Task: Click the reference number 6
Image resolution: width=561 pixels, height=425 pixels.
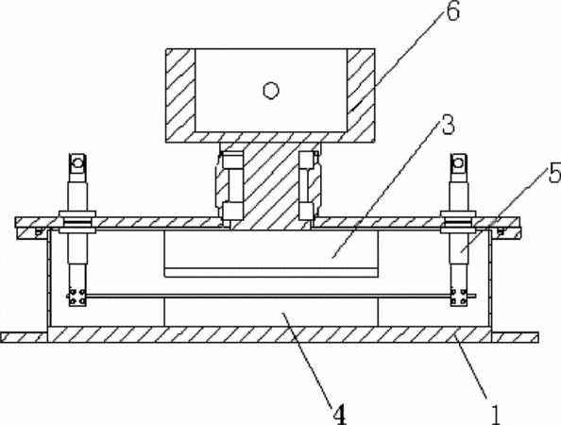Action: coord(452,10)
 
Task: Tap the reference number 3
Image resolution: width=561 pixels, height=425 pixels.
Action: coord(448,125)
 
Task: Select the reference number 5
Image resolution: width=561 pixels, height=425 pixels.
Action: coord(555,173)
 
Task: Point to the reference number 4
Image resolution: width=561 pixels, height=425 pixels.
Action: coord(340,415)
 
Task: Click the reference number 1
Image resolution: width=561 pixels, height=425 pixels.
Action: coord(496,415)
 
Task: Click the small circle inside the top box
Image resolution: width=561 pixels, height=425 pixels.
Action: coord(271,90)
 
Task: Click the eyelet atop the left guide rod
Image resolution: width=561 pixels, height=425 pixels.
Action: coord(77,163)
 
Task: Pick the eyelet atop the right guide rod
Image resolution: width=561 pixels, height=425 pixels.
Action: coord(459,163)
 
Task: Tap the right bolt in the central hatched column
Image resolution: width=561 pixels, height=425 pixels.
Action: coord(307,186)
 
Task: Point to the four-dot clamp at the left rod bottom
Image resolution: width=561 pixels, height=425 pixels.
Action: coord(77,297)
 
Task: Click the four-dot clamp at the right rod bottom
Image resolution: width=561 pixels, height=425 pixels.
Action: coord(458,297)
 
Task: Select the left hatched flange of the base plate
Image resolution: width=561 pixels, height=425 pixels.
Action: coord(24,337)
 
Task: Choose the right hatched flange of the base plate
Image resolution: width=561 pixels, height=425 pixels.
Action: coord(515,337)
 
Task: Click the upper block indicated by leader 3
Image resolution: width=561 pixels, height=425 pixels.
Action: coord(271,253)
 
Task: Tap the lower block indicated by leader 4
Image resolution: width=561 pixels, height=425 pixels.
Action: coord(271,312)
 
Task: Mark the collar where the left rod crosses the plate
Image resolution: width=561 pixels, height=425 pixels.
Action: coord(77,222)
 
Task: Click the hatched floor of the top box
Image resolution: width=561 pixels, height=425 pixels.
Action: coord(270,137)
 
